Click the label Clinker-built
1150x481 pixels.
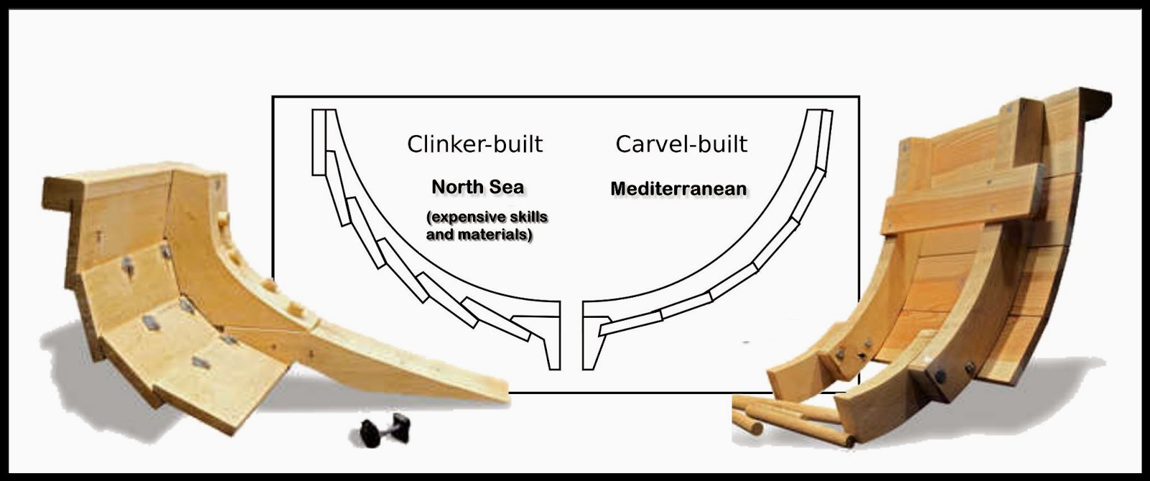tap(474, 144)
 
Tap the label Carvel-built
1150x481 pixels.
tap(681, 144)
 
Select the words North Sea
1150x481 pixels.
tap(477, 187)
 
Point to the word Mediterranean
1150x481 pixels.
tap(678, 188)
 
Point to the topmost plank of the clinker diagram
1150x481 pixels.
tap(319, 142)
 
